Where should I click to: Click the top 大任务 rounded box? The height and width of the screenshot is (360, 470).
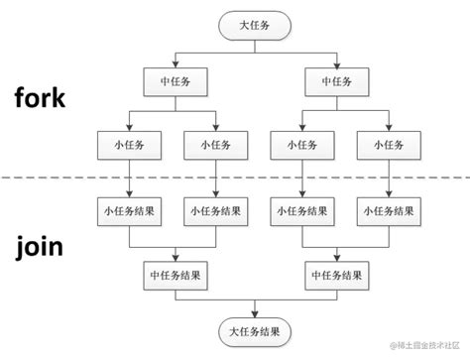(x=255, y=23)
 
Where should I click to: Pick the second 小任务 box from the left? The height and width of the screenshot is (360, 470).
(x=213, y=145)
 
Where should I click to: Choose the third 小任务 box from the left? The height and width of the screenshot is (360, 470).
(x=298, y=145)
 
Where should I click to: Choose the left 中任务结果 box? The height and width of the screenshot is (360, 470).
(x=171, y=273)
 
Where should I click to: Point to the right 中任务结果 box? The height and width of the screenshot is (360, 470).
(x=339, y=273)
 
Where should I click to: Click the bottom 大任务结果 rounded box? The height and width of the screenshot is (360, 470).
(x=255, y=330)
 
